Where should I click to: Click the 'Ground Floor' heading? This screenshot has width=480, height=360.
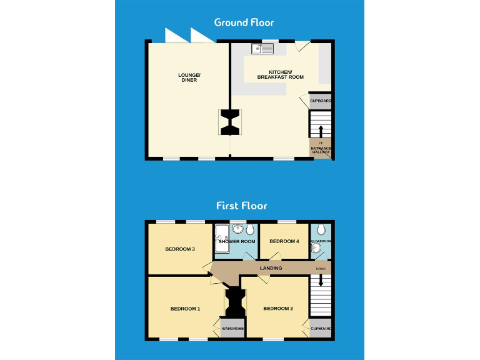pyautogui.click(x=244, y=22)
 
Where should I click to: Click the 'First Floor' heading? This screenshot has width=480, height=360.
pyautogui.click(x=241, y=205)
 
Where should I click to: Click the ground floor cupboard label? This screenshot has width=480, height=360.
pyautogui.click(x=321, y=101)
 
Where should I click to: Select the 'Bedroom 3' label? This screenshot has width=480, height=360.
pyautogui.click(x=180, y=249)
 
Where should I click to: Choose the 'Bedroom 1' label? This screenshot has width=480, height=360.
pyautogui.click(x=185, y=309)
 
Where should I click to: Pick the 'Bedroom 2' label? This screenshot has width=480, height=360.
pyautogui.click(x=277, y=309)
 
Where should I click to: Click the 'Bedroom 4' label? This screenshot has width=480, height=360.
pyautogui.click(x=284, y=241)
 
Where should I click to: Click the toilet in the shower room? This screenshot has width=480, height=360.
pyautogui.click(x=250, y=229)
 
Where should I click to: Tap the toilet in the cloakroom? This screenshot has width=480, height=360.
pyautogui.click(x=321, y=229)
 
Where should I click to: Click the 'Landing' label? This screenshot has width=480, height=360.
pyautogui.click(x=271, y=268)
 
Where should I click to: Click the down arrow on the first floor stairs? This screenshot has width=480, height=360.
pyautogui.click(x=321, y=282)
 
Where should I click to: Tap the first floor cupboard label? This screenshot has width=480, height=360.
pyautogui.click(x=321, y=328)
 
